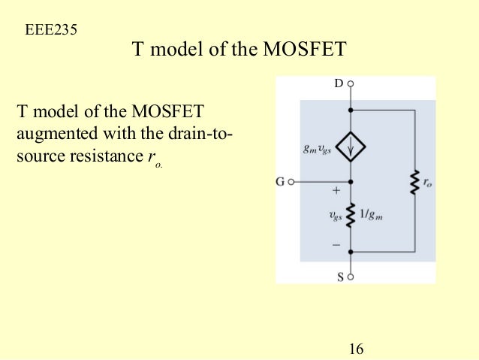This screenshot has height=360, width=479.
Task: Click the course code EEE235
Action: pyautogui.click(x=51, y=31)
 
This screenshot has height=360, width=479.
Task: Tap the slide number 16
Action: pyautogui.click(x=356, y=349)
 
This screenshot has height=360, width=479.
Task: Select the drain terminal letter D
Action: pyautogui.click(x=339, y=83)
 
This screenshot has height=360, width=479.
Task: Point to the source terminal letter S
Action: pyautogui.click(x=339, y=277)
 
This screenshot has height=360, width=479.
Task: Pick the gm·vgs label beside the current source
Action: pyautogui.click(x=318, y=147)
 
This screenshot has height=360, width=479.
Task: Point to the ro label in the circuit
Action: pyautogui.click(x=428, y=183)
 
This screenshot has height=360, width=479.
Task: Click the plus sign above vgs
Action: pyautogui.click(x=336, y=192)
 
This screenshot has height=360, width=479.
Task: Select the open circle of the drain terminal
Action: pyautogui.click(x=351, y=83)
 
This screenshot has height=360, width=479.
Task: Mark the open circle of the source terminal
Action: pyautogui.click(x=351, y=277)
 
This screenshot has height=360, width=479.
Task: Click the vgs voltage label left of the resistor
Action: pyautogui.click(x=335, y=216)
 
